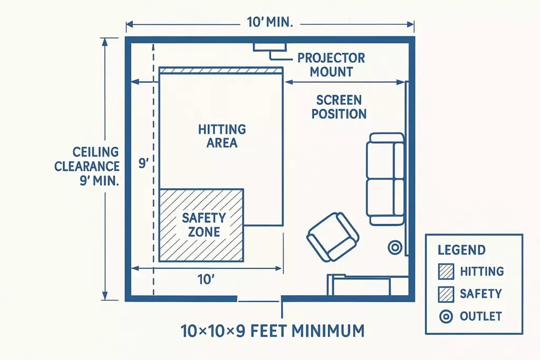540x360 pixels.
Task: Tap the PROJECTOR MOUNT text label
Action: pos(331,65)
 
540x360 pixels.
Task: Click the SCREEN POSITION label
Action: pos(339,106)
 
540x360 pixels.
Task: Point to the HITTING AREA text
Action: pos(221,135)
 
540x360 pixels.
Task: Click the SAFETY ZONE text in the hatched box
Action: pos(204,225)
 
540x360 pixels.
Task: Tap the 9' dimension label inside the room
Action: pos(143,163)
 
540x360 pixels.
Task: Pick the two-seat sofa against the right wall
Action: pos(385,179)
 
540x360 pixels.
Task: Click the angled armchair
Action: pos(333,237)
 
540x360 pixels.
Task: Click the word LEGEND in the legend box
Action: pos(461,250)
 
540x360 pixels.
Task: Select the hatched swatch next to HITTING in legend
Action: pos(446,271)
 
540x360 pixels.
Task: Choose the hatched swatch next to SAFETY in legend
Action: pos(446,294)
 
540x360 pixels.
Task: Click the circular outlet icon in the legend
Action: pos(446,316)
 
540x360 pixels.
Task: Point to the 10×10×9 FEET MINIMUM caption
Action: pos(272,331)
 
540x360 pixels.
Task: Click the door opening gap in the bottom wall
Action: pos(258,299)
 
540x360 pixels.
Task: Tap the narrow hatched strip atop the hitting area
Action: pos(221,71)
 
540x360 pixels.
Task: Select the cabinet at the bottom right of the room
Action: pos(360,285)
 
